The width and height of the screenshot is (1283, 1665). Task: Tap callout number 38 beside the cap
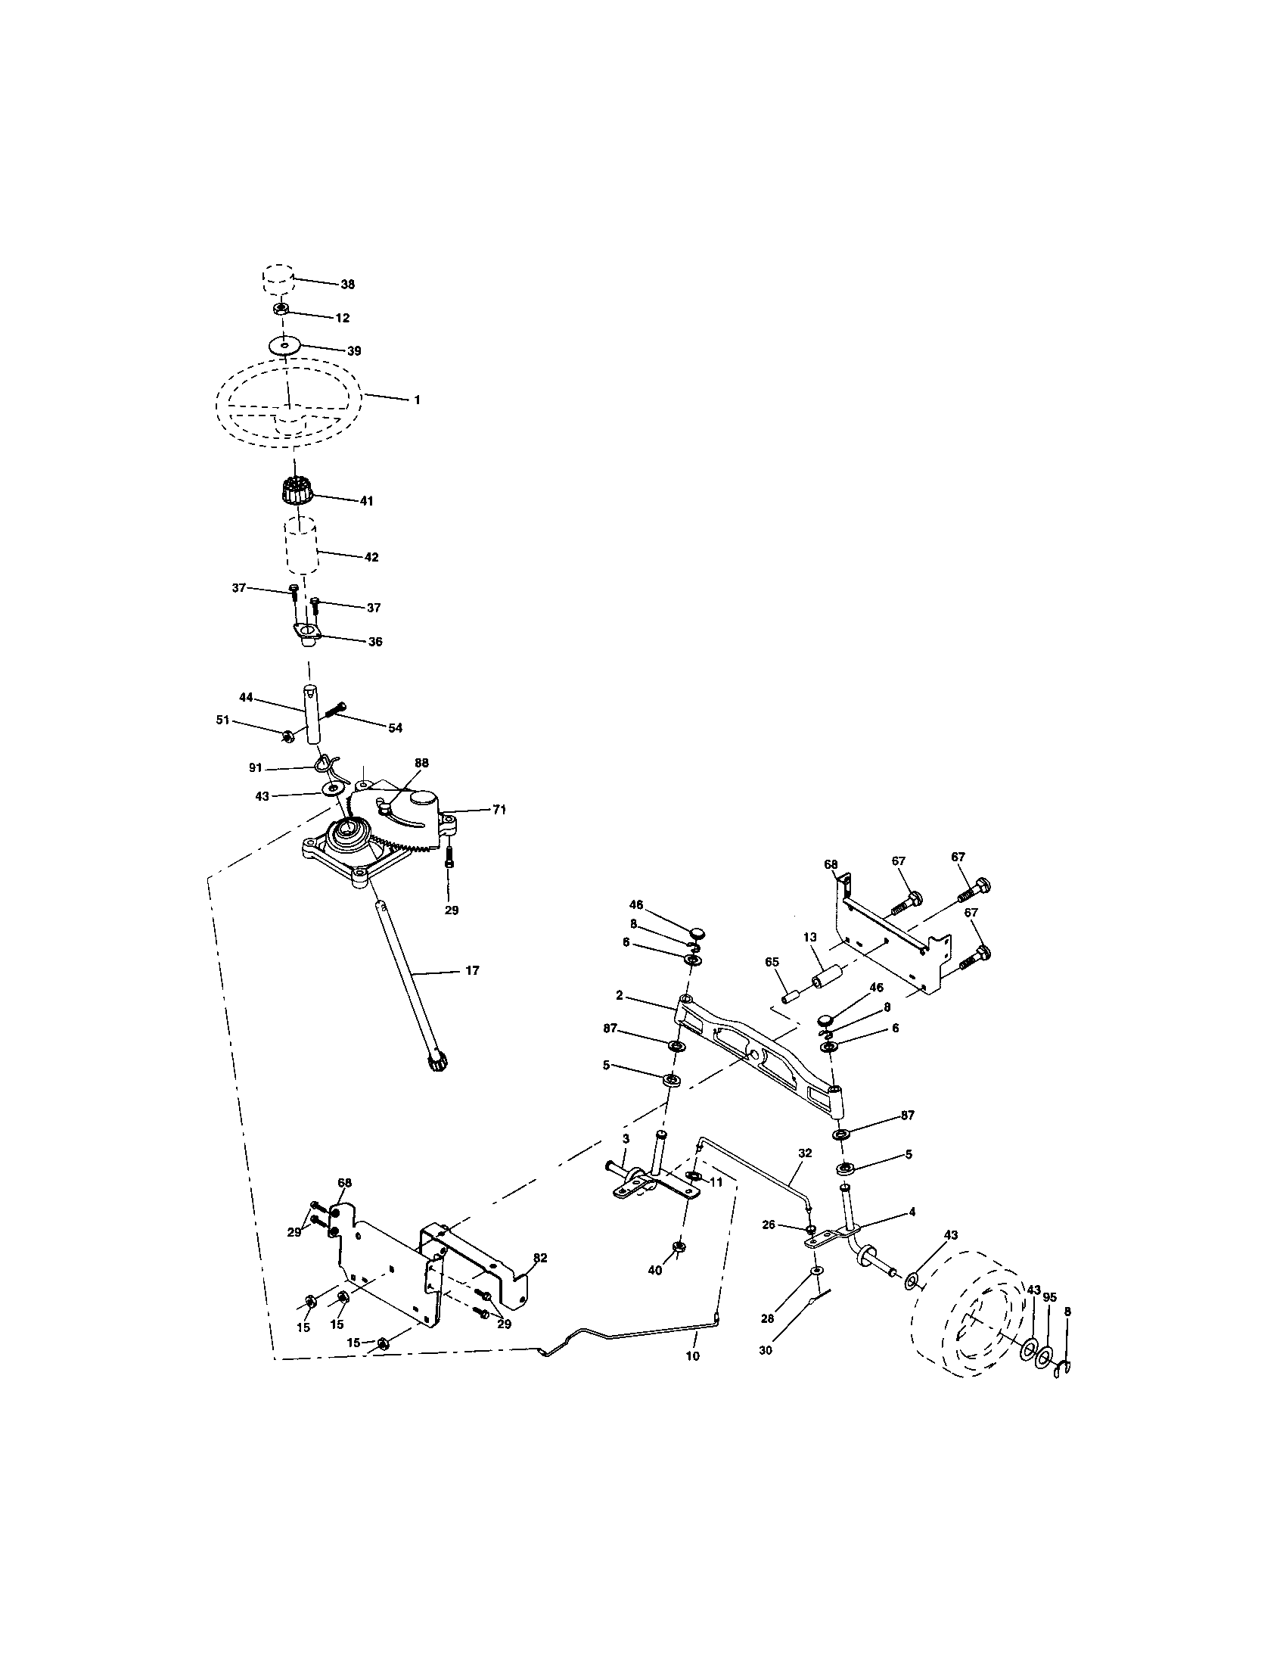[347, 285]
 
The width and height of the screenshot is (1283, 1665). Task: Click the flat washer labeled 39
[284, 345]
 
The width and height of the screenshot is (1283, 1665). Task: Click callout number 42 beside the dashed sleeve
[371, 557]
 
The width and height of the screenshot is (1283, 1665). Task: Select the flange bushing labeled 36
[307, 633]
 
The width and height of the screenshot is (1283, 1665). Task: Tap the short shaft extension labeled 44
[312, 716]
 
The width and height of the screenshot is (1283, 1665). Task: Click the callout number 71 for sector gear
[499, 810]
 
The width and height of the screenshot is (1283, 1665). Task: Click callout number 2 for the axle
[620, 995]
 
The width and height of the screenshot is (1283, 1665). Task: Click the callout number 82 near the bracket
[540, 1258]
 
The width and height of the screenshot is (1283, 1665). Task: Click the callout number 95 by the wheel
[1050, 1297]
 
